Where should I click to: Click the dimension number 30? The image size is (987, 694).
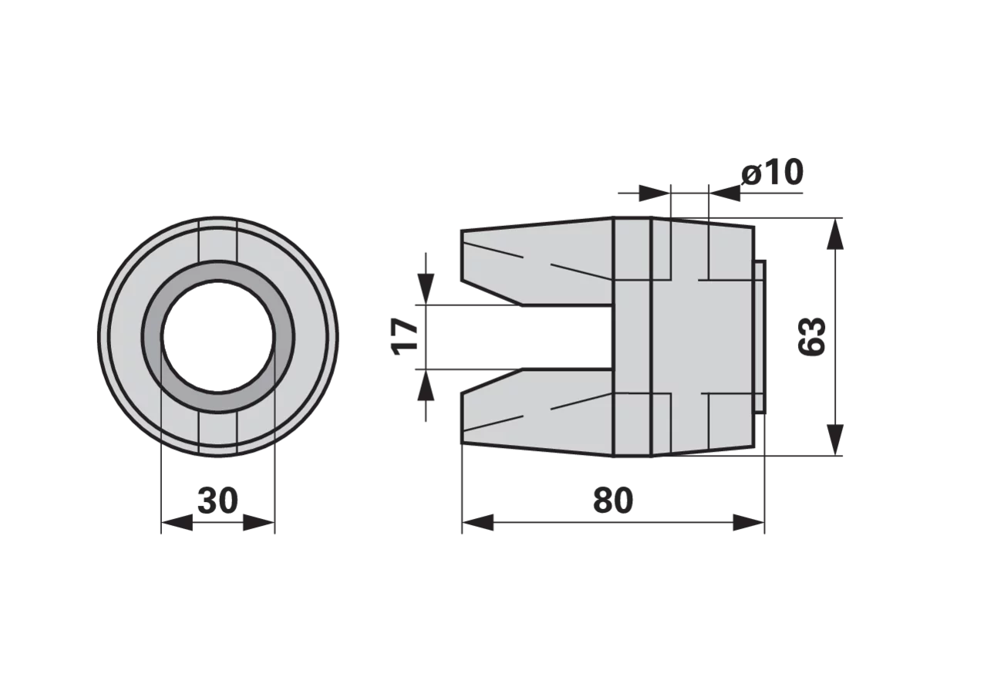pyautogui.click(x=217, y=500)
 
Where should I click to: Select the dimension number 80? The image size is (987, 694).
pyautogui.click(x=613, y=500)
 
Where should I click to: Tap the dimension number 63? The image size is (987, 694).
pyautogui.click(x=812, y=336)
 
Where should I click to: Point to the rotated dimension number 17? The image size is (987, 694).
pyautogui.click(x=405, y=336)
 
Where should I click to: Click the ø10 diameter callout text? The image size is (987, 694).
pyautogui.click(x=773, y=172)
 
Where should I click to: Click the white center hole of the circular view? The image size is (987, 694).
pyautogui.click(x=217, y=336)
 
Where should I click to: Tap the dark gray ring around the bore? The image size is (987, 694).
pyautogui.click(x=217, y=271)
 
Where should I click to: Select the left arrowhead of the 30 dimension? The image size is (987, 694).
pyautogui.click(x=177, y=523)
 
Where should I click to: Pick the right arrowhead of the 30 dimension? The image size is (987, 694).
pyautogui.click(x=259, y=523)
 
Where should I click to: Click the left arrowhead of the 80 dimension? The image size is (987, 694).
pyautogui.click(x=478, y=523)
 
